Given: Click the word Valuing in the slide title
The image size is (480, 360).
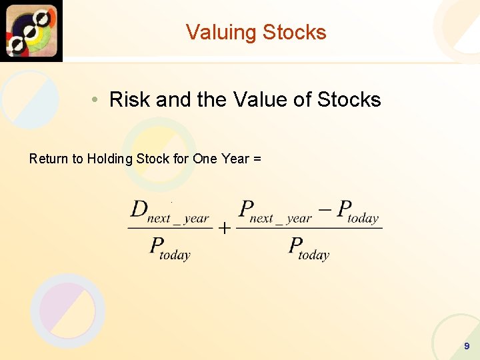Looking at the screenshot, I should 221,32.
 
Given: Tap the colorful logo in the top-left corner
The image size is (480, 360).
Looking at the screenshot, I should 31,31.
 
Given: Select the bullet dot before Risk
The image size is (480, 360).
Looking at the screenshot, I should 96,100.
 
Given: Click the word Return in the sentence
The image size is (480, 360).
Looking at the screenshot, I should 49,159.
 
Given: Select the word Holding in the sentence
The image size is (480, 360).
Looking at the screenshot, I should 110,159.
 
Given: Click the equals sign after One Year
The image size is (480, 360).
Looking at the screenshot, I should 257,159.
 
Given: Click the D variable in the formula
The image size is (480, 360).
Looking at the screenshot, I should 139,209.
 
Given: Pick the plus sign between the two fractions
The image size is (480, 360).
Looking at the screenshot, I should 225,229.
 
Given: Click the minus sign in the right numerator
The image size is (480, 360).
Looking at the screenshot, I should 325,209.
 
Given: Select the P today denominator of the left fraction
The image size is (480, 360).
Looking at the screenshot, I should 170,248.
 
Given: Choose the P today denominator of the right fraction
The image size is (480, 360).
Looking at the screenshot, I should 309,248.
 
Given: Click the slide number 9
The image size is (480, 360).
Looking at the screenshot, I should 467,346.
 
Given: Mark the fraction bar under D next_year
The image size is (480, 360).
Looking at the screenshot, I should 170,228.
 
